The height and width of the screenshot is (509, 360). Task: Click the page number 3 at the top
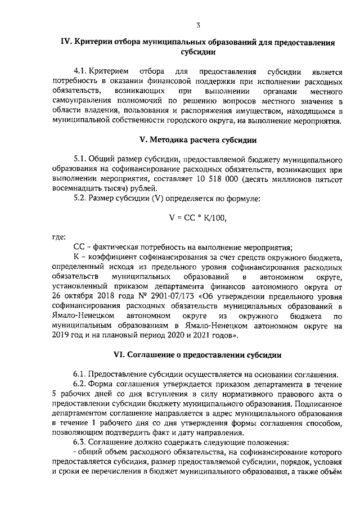[x=199, y=24]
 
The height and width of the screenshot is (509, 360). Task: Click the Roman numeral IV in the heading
[x=66, y=42]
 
